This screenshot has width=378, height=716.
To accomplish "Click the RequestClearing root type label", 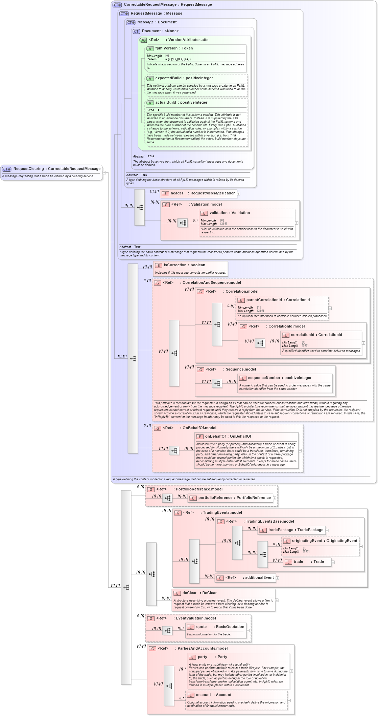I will pyautogui.click(x=57, y=169).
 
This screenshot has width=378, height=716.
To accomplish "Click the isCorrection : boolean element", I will pyautogui.click(x=184, y=265).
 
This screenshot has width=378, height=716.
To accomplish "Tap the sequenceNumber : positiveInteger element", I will pyautogui.click(x=280, y=378).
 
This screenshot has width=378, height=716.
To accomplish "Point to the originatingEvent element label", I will pyautogui.click(x=324, y=541).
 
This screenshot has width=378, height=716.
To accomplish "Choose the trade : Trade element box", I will pyautogui.click(x=308, y=562).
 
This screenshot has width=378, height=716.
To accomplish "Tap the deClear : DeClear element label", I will pyautogui.click(x=199, y=593).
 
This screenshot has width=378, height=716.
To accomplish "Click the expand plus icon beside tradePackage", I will pyautogui.click(x=327, y=530).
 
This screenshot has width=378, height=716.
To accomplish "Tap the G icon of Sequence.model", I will pyautogui.click(x=200, y=370).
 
